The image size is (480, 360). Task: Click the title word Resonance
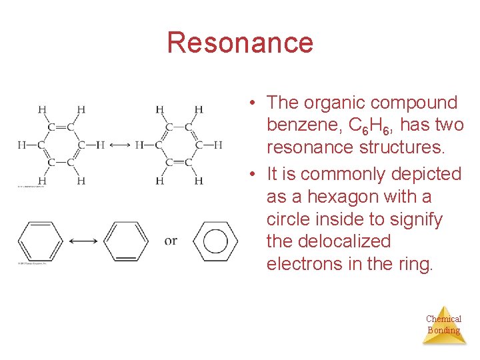[x=240, y=43]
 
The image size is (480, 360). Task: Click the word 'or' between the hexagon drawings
[x=171, y=241]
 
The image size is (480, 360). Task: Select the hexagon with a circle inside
[x=215, y=241]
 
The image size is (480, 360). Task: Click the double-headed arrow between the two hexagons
[x=83, y=241]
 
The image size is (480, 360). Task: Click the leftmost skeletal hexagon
[x=39, y=241]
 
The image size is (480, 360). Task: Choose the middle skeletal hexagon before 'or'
[x=127, y=241]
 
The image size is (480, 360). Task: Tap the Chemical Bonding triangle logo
[x=443, y=325]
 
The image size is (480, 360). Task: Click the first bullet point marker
[x=253, y=103]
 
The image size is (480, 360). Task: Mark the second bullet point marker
[x=253, y=175]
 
